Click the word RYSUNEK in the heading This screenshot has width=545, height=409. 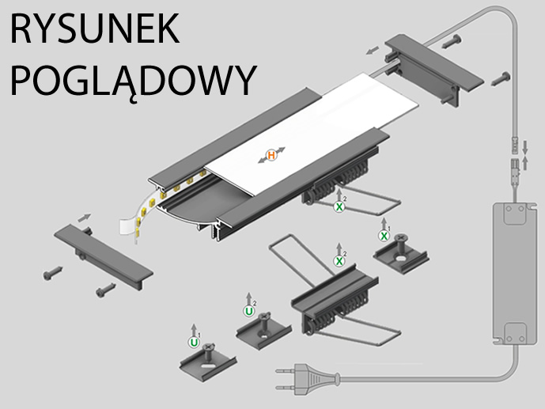tap(93, 29)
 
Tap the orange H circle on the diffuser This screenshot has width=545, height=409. tap(271, 155)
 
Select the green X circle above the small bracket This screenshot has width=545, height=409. tap(384, 236)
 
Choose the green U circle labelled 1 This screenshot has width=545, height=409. tap(194, 343)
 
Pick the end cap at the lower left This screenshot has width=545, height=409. tap(103, 254)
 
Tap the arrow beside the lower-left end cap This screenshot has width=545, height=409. tap(85, 217)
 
